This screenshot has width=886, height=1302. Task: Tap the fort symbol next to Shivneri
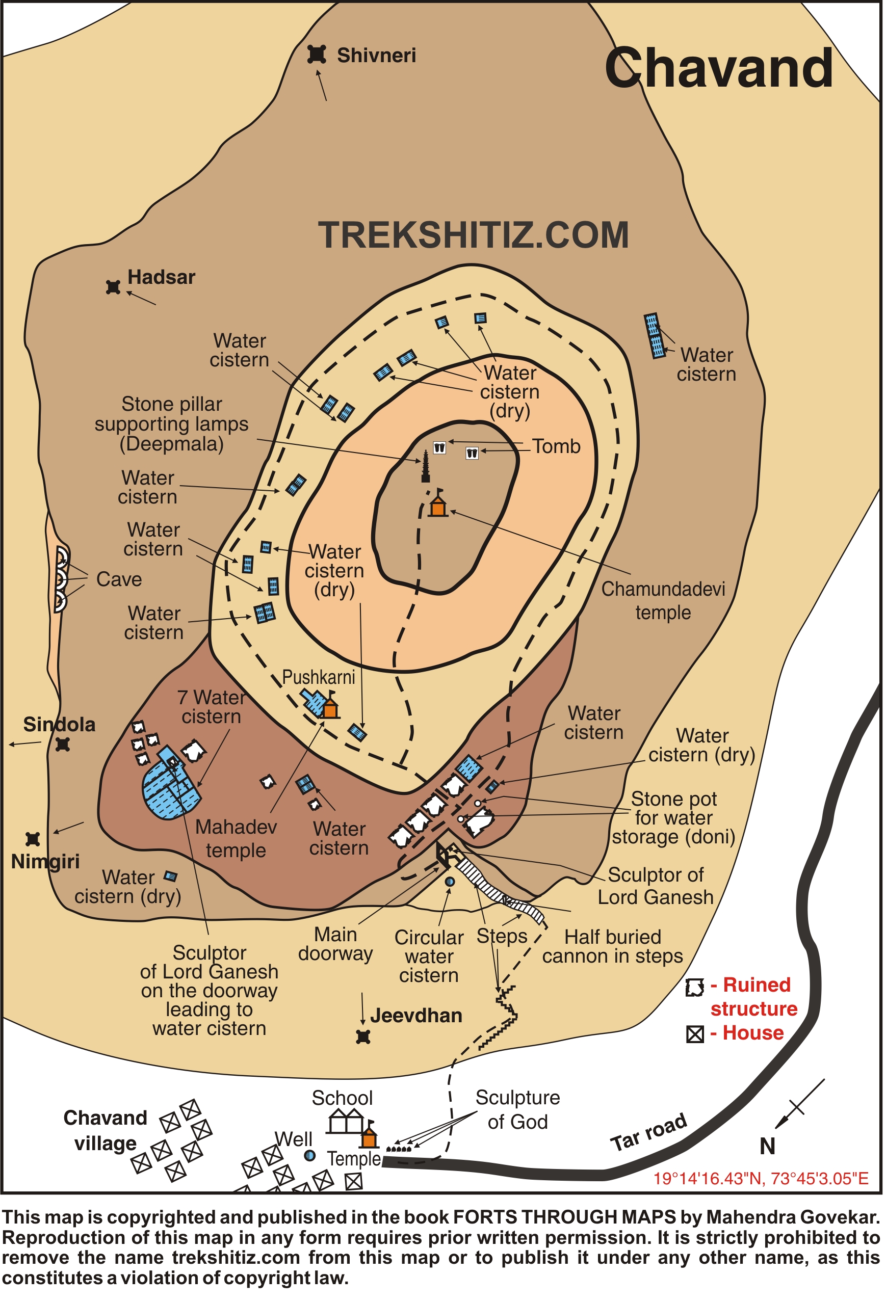[317, 55]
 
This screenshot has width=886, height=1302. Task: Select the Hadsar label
[161, 277]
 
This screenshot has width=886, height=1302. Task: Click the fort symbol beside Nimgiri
[33, 839]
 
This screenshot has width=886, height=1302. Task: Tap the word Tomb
[556, 446]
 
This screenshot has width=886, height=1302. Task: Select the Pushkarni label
[318, 677]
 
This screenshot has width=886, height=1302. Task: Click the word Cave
[119, 579]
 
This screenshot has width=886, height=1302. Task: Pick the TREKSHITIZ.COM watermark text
[474, 235]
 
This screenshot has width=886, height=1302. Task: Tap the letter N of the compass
[767, 1146]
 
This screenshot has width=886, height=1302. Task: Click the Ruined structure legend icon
[694, 988]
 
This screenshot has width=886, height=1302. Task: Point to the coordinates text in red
[761, 1178]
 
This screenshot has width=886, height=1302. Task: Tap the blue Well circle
[309, 1156]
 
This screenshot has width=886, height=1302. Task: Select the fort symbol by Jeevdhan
[363, 1037]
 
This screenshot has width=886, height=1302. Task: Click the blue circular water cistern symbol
[450, 882]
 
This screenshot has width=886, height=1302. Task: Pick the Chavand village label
[106, 1131]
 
